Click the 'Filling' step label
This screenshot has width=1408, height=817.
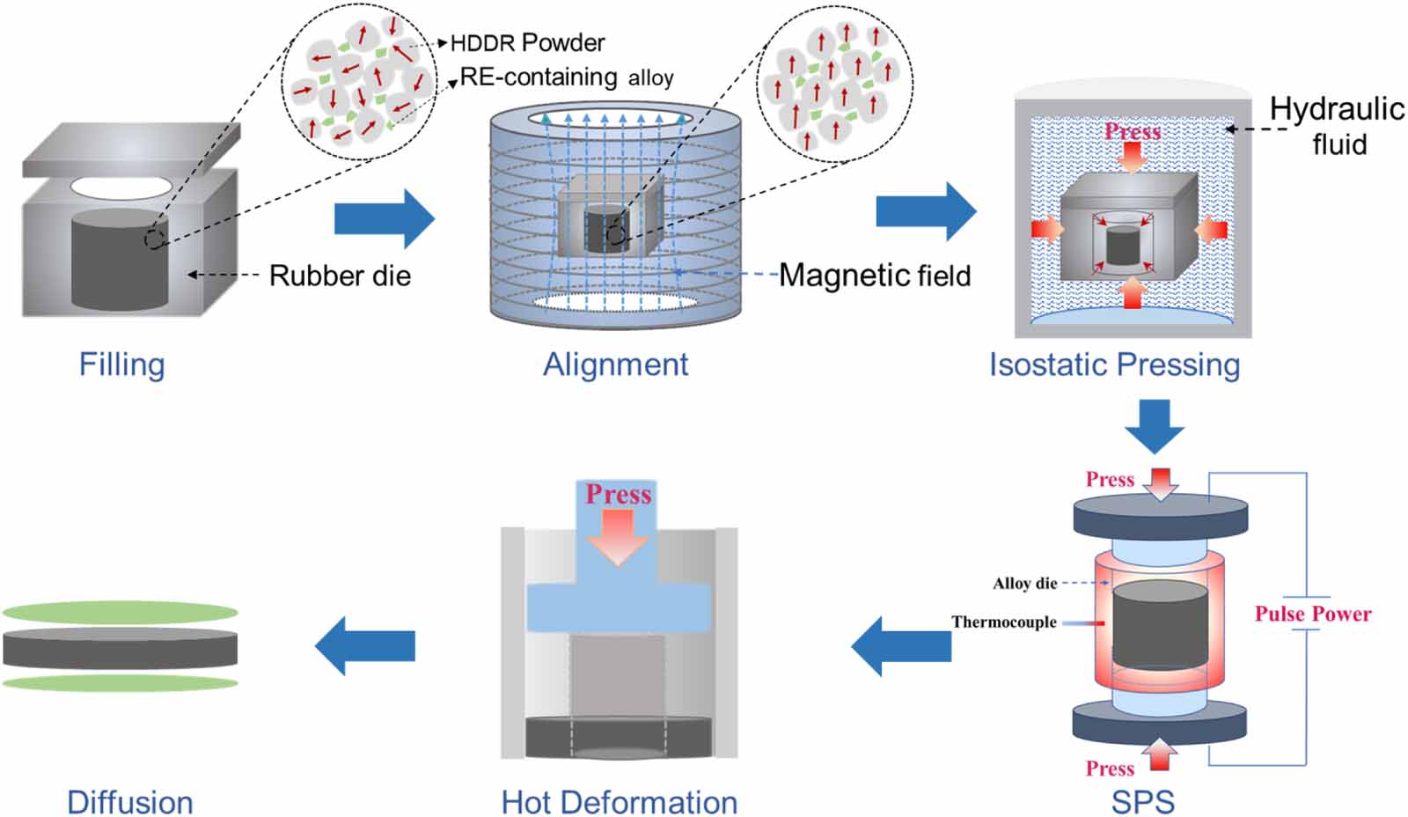tap(121, 364)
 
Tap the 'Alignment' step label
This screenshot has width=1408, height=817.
tap(615, 364)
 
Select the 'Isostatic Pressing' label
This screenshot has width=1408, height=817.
tap(1114, 364)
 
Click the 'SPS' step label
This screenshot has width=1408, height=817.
tap(1142, 801)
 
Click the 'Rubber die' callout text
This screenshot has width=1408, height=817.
tap(340, 276)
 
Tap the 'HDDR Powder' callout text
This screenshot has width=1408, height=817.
tap(527, 42)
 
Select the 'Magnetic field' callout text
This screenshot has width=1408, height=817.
tap(875, 276)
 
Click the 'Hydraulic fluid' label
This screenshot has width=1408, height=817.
tap(1337, 125)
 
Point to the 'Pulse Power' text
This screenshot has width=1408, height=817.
tap(1312, 614)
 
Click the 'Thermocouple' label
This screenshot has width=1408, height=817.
tap(1003, 622)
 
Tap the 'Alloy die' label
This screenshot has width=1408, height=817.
tap(1024, 583)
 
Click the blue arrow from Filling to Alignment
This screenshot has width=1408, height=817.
tap(384, 217)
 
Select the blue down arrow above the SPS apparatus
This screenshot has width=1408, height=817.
tap(1155, 425)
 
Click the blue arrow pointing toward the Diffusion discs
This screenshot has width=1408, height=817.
tap(365, 645)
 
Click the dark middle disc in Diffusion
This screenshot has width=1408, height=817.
tap(120, 649)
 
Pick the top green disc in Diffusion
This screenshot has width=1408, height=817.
tap(120, 612)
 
